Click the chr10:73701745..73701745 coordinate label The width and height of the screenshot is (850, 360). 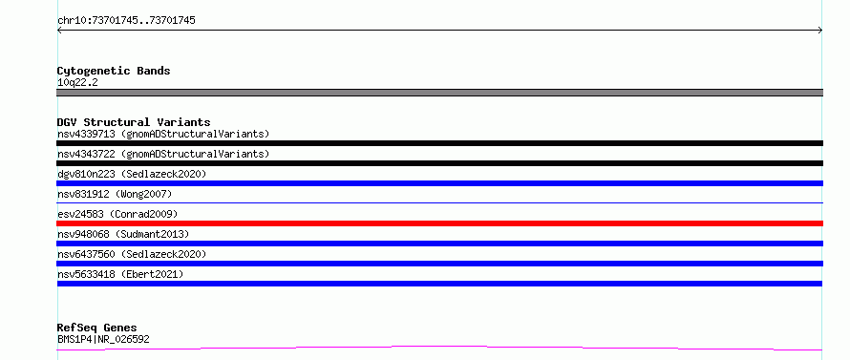[x=126, y=21]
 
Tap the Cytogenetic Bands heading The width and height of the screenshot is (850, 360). [x=114, y=71]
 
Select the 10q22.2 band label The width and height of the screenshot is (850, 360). [x=77, y=83]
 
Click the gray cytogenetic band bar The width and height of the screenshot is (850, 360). [x=439, y=93]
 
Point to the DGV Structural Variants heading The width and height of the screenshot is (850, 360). [x=134, y=122]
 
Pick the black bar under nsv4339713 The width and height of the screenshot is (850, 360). [x=439, y=143]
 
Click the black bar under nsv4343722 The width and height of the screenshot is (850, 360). [x=439, y=163]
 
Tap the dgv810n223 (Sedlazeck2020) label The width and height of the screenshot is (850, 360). [x=132, y=174]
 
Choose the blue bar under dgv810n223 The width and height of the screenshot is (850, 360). [x=439, y=183]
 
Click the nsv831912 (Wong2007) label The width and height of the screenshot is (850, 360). [x=115, y=194]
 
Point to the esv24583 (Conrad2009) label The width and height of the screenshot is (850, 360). [x=117, y=214]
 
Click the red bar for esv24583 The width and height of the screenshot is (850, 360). [x=439, y=223]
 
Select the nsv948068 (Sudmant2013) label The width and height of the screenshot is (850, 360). [x=123, y=234]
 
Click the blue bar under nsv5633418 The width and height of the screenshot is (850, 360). [x=439, y=284]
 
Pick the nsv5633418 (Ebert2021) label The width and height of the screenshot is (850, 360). [x=120, y=274]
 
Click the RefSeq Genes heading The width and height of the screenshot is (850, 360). [x=96, y=328]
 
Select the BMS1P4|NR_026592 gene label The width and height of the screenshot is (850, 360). [x=103, y=340]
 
